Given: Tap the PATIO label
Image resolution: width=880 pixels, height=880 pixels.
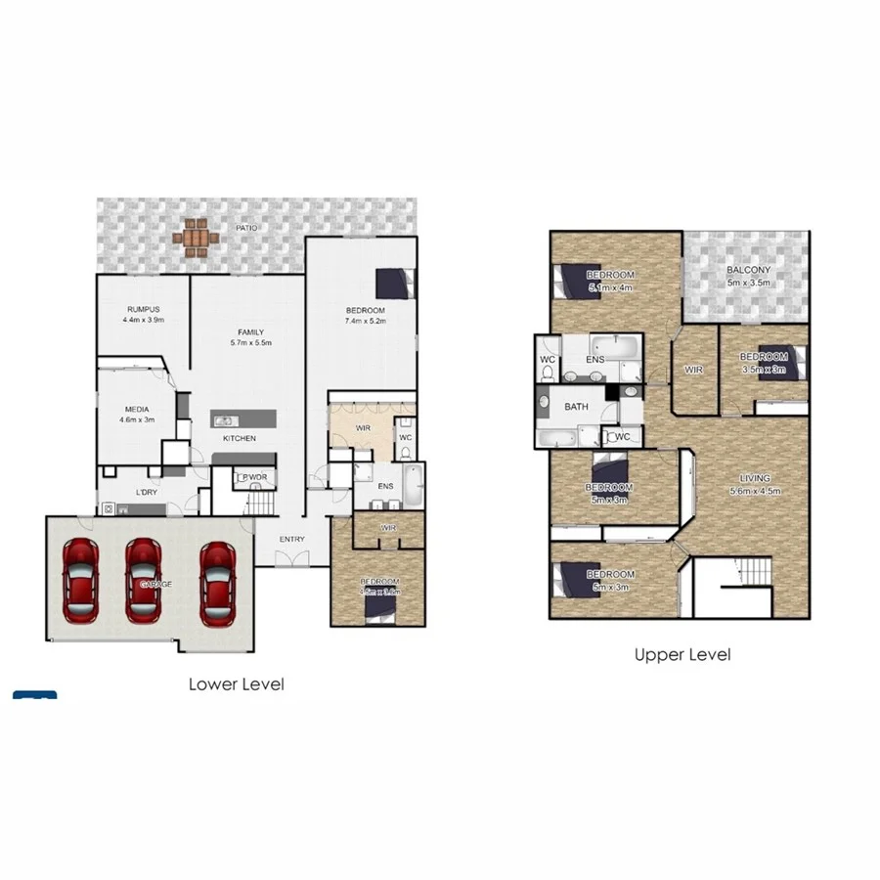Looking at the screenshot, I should click(246, 228).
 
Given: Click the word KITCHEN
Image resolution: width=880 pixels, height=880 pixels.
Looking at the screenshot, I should click(239, 438).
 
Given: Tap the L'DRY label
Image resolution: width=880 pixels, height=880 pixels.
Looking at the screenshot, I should click(147, 492).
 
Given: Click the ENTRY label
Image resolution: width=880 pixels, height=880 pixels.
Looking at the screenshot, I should click(291, 539).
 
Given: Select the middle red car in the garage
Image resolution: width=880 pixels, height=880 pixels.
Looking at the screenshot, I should click(143, 581).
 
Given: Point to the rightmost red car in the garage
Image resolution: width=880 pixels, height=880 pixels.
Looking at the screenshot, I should click(216, 583).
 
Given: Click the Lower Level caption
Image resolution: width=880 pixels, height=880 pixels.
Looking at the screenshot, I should click(237, 684).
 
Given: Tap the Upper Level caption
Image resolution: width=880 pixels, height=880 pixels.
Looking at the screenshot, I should click(682, 655).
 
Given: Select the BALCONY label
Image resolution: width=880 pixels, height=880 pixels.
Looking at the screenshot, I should click(749, 271).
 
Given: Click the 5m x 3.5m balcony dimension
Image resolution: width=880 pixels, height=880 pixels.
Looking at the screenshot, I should click(749, 284).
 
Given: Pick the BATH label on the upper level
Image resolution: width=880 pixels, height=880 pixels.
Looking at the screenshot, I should click(576, 407).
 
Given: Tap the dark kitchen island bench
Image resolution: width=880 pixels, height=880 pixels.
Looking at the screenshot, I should click(244, 418).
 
